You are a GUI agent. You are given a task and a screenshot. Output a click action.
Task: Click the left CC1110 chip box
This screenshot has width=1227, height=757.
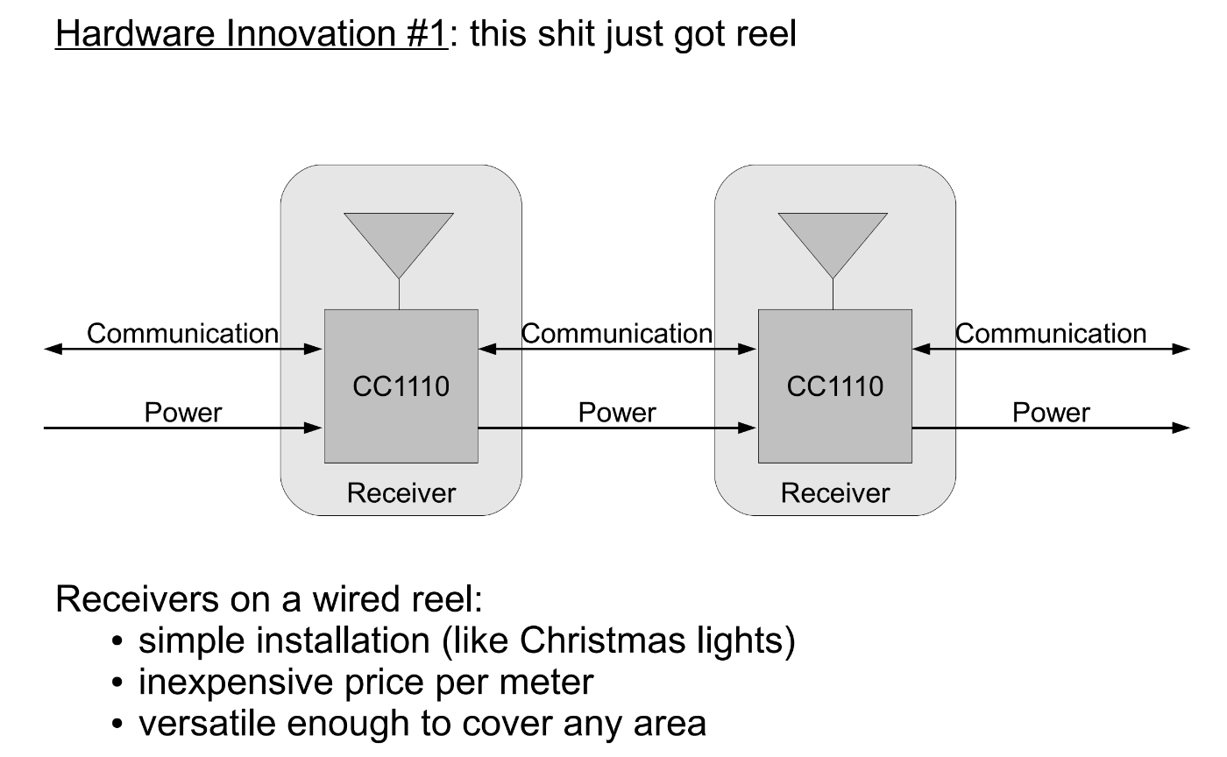pyautogui.click(x=401, y=386)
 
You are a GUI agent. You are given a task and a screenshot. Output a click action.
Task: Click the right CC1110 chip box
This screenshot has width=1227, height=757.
pyautogui.click(x=834, y=386)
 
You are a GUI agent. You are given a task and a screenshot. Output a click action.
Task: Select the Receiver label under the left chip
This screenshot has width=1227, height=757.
pyautogui.click(x=401, y=493)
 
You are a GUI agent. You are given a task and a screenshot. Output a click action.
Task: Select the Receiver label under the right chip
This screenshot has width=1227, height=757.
pyautogui.click(x=835, y=493)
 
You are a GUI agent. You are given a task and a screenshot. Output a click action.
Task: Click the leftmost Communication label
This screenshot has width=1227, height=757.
pyautogui.click(x=182, y=334)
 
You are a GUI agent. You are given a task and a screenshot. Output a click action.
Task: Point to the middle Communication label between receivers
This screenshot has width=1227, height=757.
pyautogui.click(x=617, y=334)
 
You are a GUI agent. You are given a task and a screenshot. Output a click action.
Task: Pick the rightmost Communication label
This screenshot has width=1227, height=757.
pyautogui.click(x=1051, y=334)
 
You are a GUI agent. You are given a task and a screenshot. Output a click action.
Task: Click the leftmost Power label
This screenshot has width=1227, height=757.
pyautogui.click(x=183, y=413)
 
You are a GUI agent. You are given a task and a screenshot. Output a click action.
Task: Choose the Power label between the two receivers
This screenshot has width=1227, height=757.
pyautogui.click(x=617, y=413)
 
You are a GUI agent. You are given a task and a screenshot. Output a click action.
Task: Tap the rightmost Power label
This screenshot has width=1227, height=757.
pyautogui.click(x=1051, y=413)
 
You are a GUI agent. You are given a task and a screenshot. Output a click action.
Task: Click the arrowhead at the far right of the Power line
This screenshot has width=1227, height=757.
pyautogui.click(x=1181, y=428)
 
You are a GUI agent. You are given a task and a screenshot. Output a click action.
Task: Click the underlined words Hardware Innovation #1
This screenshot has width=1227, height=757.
pyautogui.click(x=252, y=33)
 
